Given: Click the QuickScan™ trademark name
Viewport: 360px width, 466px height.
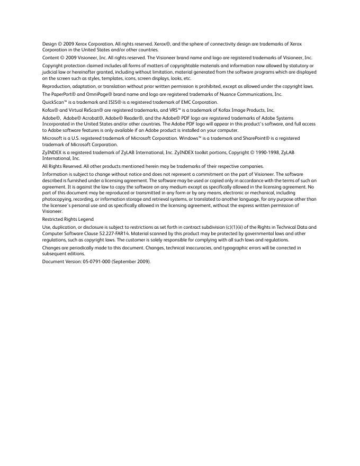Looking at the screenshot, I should coord(56,102).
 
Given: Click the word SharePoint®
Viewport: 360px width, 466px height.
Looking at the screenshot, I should coord(262,138).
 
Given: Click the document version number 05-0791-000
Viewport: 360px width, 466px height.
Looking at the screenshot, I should coord(94,262).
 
